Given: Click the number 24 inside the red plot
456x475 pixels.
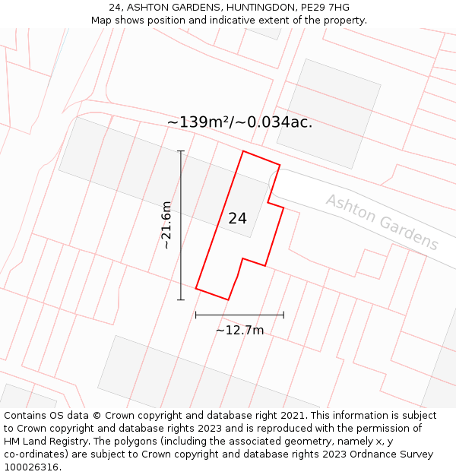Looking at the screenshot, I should click(x=237, y=218).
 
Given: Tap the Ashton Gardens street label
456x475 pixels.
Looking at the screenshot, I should click(x=382, y=222).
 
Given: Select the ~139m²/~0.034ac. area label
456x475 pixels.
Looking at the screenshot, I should click(x=239, y=122).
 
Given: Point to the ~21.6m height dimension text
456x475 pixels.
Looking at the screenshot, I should click(x=166, y=225).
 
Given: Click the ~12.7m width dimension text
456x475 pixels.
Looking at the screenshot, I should click(x=239, y=330).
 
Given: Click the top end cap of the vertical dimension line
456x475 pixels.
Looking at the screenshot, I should click(x=181, y=151).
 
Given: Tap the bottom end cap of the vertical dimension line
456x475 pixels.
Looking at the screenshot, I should click(x=181, y=299).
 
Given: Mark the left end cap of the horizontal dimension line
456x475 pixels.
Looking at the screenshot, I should click(x=196, y=314).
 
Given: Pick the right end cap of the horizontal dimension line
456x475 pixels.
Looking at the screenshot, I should click(x=283, y=314).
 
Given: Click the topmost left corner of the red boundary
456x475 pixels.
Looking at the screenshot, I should click(x=243, y=151).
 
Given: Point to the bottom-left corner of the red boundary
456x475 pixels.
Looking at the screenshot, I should click(x=196, y=289).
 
